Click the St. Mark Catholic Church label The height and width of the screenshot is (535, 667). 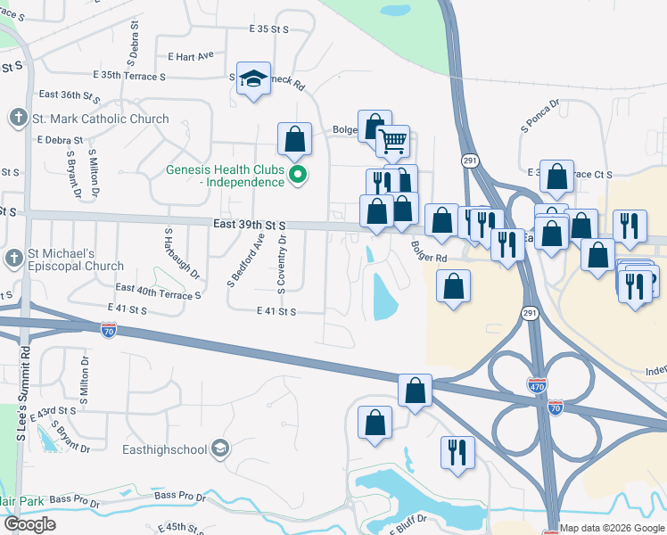click(x=98, y=119)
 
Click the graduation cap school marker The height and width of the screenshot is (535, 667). click(x=253, y=79)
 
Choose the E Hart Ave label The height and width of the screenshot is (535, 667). click(x=191, y=55)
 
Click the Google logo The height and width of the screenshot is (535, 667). click(x=29, y=523)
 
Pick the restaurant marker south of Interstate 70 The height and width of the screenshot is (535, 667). click(x=457, y=451)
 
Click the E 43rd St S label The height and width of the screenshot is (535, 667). click(x=54, y=413)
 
